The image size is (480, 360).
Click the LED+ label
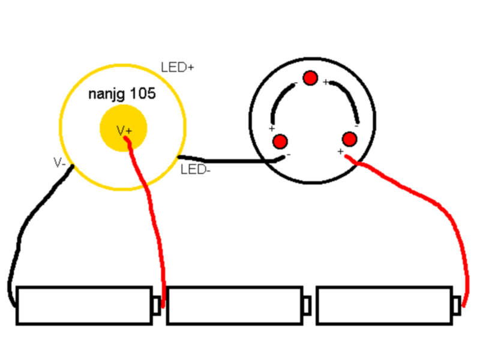pos(177,67)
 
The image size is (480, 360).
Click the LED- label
pos(196,170)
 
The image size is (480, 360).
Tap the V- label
pos(59,162)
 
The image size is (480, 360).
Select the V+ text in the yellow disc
pos(124,131)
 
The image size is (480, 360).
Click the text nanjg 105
pos(122,94)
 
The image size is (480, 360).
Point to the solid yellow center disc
pos(124,128)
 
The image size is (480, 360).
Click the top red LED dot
pos(310,78)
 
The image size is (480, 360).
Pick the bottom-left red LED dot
pos(280,142)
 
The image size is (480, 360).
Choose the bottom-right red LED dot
pos(349,139)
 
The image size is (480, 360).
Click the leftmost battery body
pos(85,305)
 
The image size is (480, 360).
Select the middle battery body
pos(235,305)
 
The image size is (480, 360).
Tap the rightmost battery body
pos(385,305)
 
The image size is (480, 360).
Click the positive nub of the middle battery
pos(307,305)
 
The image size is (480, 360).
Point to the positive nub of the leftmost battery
pos(157,305)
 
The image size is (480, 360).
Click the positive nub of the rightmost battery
pos(457,305)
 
